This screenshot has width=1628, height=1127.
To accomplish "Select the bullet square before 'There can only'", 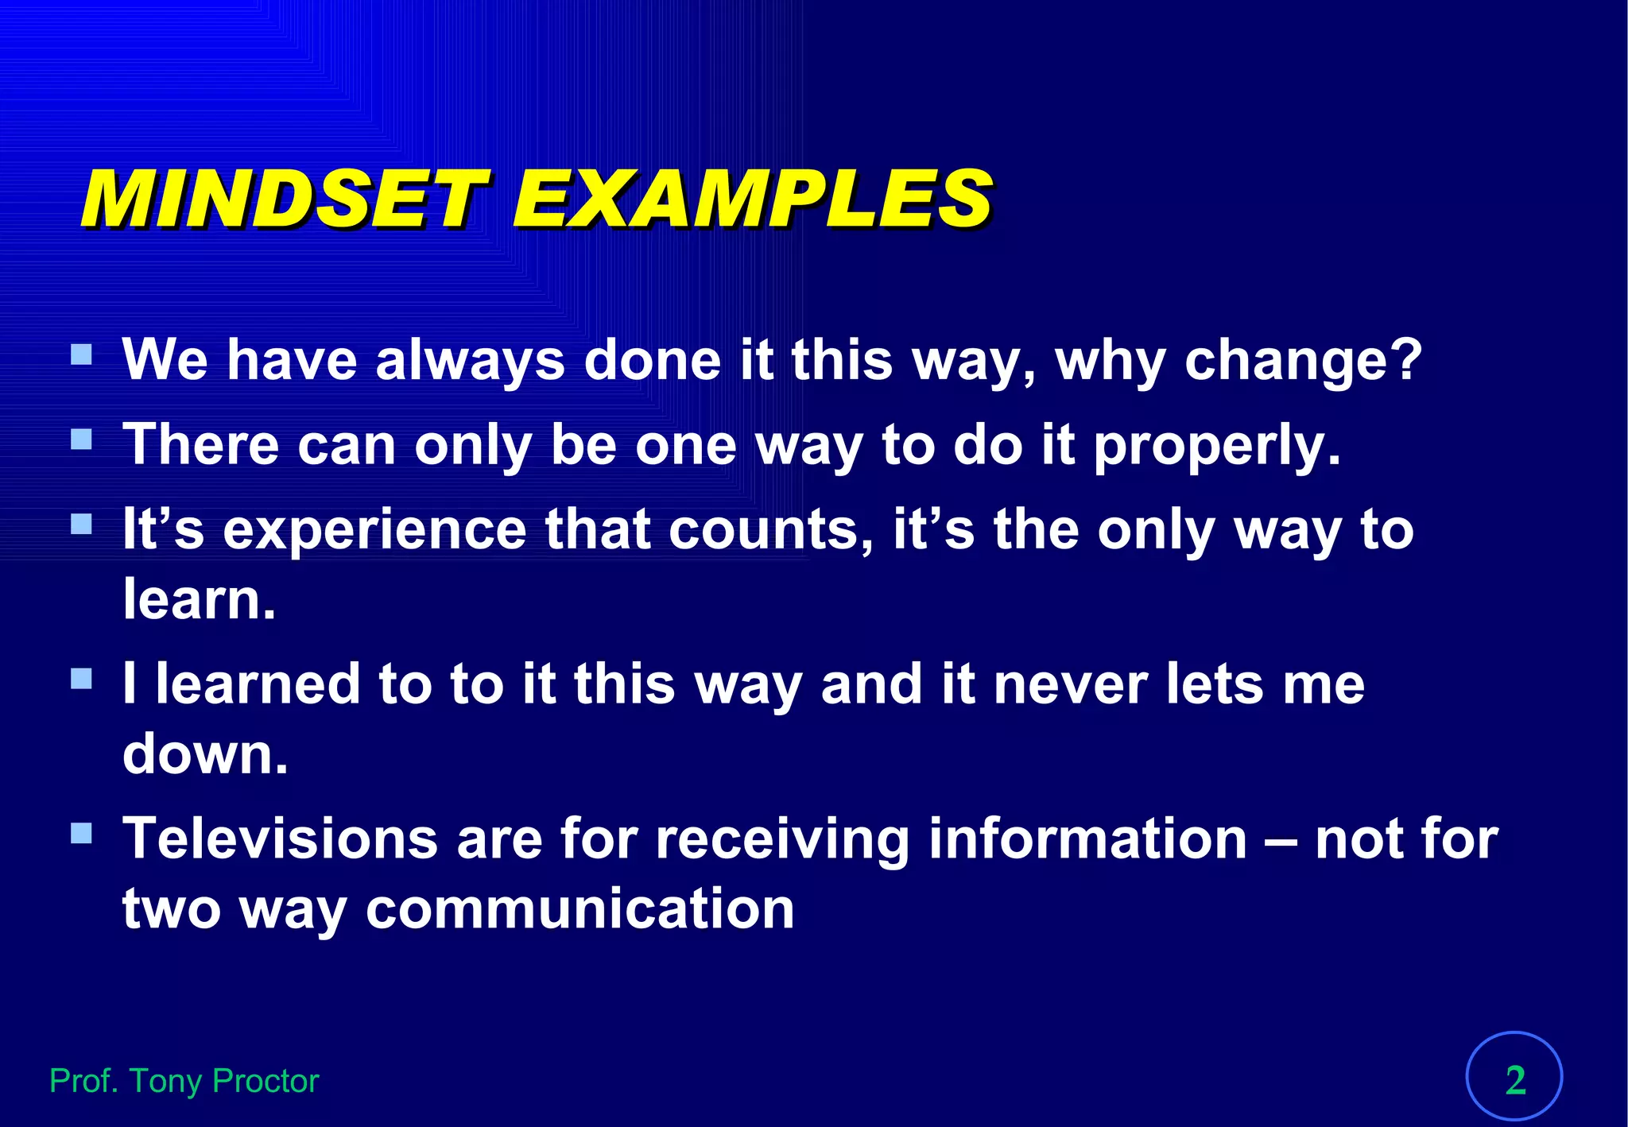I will tap(81, 440).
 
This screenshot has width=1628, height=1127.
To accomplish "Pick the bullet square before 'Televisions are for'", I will tap(81, 833).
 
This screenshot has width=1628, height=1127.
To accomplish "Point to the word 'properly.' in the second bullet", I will tap(1217, 445).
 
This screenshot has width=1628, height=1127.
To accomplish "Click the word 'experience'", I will tap(374, 530).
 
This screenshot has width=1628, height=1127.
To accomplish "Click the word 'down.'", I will tap(205, 753).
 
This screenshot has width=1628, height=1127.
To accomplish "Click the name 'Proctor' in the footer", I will tap(266, 1081).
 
